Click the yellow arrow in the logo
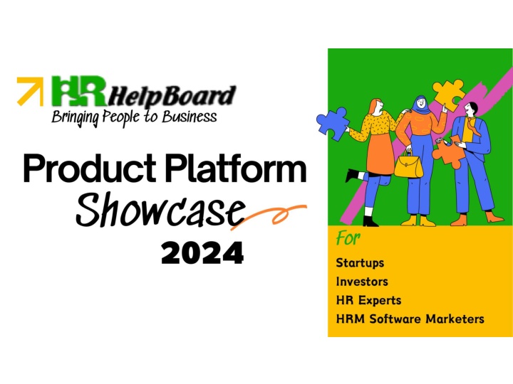pyautogui.click(x=30, y=91)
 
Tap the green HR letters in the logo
pyautogui.click(x=79, y=91)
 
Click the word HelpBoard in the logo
pyautogui.click(x=172, y=96)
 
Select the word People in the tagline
pyautogui.click(x=121, y=117)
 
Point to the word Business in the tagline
pyautogui.click(x=190, y=117)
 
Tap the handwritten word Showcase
pyautogui.click(x=160, y=210)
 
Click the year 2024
pyautogui.click(x=202, y=252)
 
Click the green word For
pyautogui.click(x=348, y=238)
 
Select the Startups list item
pyautogui.click(x=360, y=263)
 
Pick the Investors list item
pyautogui.click(x=362, y=282)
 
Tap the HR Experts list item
pyautogui.click(x=368, y=300)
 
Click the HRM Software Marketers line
pyautogui.click(x=410, y=319)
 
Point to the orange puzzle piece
pyautogui.click(x=449, y=152)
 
